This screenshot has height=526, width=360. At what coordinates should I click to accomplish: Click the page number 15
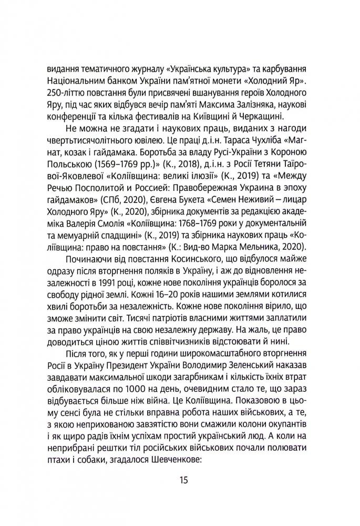[x=180, y=481]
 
